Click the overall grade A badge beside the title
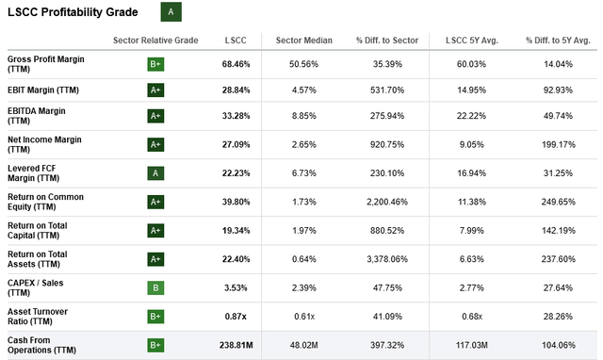click(171, 12)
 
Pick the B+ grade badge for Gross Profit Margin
click(155, 65)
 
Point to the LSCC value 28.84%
click(236, 90)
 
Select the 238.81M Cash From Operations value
click(236, 345)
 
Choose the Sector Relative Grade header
click(155, 41)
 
